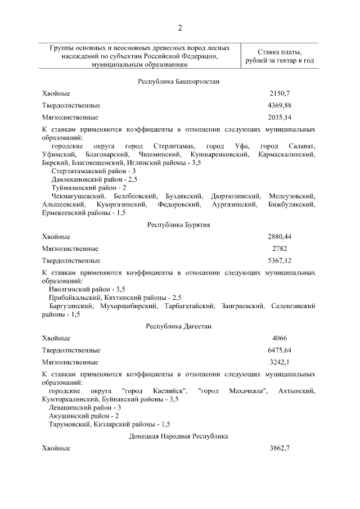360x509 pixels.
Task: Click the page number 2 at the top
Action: click(179, 28)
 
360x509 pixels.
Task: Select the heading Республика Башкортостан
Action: click(178, 82)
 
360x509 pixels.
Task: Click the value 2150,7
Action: click(280, 93)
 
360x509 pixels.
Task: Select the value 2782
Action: click(280, 249)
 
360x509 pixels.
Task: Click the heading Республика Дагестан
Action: click(178, 326)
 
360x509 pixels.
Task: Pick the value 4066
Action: click(280, 338)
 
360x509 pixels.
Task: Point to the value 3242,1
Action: click(280, 362)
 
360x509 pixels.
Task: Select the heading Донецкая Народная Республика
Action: click(178, 436)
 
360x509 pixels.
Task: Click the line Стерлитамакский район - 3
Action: click(93, 170)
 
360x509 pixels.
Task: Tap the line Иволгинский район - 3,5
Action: click(87, 289)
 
